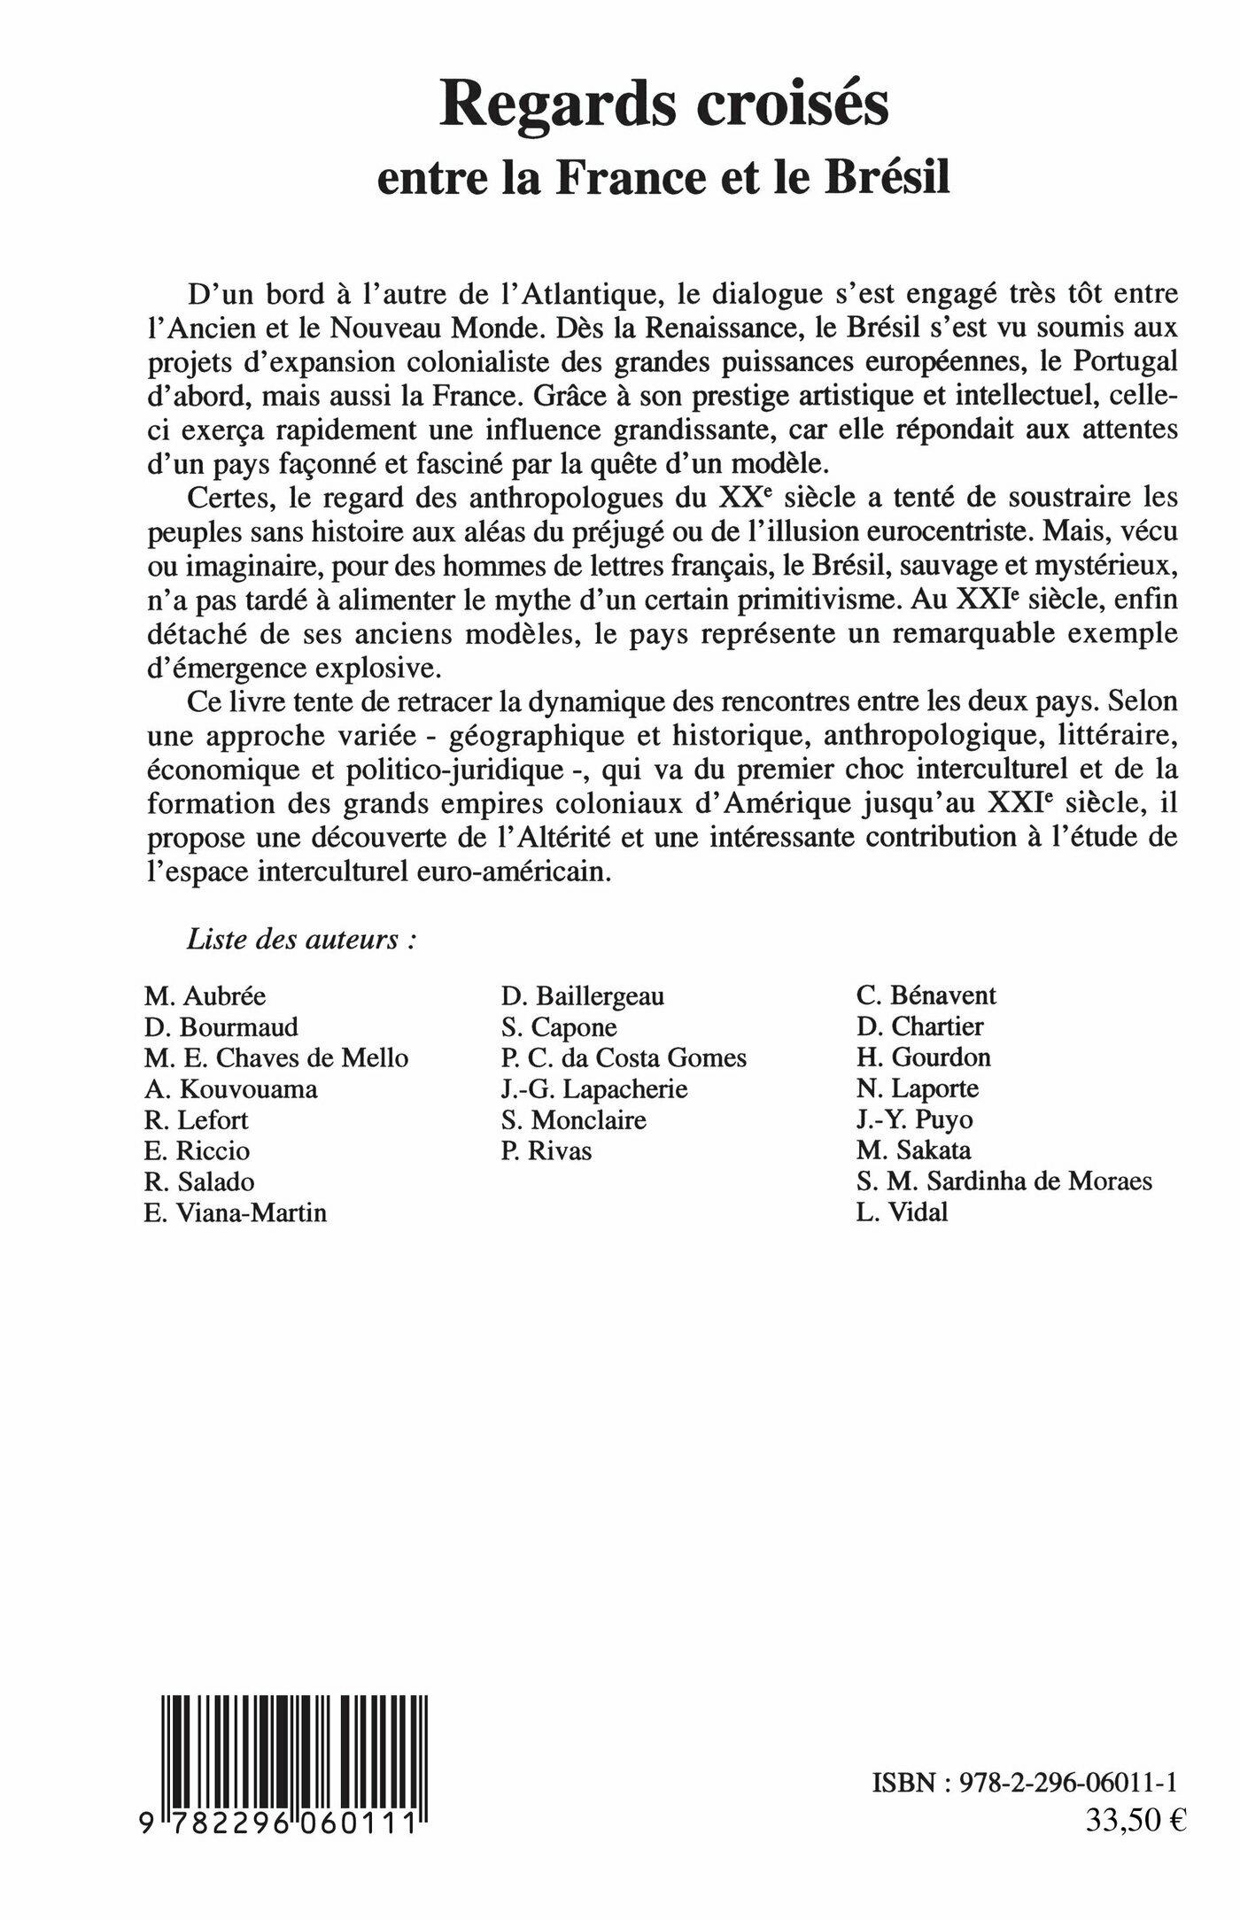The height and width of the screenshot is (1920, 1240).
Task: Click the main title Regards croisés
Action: [x=666, y=109]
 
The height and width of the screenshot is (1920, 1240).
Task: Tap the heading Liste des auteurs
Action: [x=302, y=941]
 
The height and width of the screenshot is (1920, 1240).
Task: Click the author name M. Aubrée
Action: [x=205, y=996]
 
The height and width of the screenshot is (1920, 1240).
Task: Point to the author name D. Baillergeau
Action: [x=582, y=996]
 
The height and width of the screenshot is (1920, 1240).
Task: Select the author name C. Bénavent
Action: [x=926, y=995]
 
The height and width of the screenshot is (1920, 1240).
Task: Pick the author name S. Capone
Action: [x=559, y=1027]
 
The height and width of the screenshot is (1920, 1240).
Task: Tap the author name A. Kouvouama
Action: [x=230, y=1089]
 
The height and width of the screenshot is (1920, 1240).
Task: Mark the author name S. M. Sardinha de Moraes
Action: [x=1004, y=1181]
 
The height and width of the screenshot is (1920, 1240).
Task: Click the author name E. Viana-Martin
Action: [x=236, y=1212]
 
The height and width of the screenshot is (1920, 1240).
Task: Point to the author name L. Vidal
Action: [x=902, y=1212]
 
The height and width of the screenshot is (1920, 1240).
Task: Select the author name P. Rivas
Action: [x=546, y=1150]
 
